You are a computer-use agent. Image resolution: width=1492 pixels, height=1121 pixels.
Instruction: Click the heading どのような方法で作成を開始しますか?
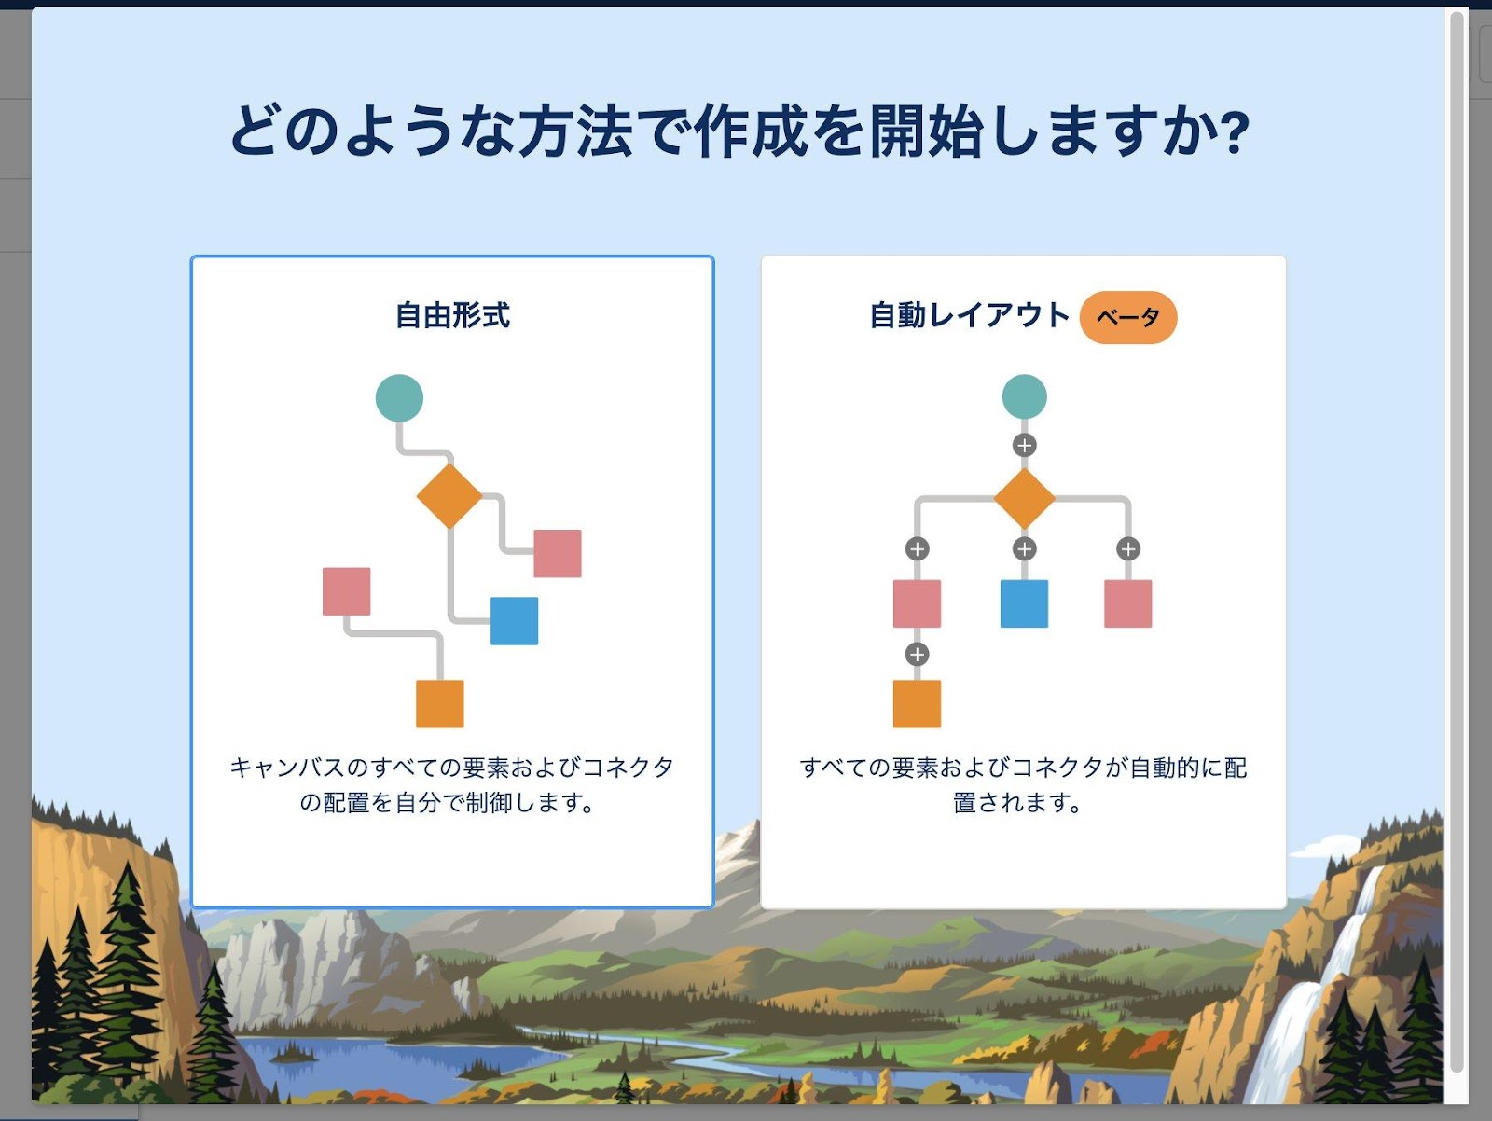pos(739,131)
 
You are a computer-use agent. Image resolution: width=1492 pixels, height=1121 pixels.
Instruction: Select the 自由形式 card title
pos(452,315)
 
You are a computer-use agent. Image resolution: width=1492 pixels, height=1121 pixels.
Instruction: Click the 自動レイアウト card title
pos(969,315)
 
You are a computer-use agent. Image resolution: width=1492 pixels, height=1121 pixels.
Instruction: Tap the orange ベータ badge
pos(1128,317)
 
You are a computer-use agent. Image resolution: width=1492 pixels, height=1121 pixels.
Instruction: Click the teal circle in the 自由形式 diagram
pos(399,398)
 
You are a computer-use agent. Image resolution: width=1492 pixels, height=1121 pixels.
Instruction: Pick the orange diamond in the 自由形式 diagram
pos(449,495)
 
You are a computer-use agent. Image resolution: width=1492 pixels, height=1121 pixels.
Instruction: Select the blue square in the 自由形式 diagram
pos(515,621)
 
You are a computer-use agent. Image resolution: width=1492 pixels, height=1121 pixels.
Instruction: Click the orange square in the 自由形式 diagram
pos(440,704)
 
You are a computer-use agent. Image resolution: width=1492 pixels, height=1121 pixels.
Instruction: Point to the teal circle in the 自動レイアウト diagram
pos(1024,397)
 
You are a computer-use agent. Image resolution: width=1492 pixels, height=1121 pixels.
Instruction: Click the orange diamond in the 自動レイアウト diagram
pos(1024,499)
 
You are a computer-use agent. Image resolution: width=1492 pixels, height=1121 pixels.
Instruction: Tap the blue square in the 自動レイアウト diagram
pos(1024,603)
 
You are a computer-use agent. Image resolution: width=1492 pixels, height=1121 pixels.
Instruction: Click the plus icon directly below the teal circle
pos(1024,446)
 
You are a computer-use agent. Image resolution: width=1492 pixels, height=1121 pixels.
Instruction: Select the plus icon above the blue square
pos(1024,549)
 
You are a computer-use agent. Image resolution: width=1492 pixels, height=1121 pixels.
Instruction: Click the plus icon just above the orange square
pos(917,655)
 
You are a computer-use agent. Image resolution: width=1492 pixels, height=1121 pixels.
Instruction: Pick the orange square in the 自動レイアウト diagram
pos(917,704)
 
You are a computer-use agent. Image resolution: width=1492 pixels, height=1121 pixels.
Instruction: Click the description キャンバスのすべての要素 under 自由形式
pos(451,784)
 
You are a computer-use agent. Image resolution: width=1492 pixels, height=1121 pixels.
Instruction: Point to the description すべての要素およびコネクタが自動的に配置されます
pos(1023,784)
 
